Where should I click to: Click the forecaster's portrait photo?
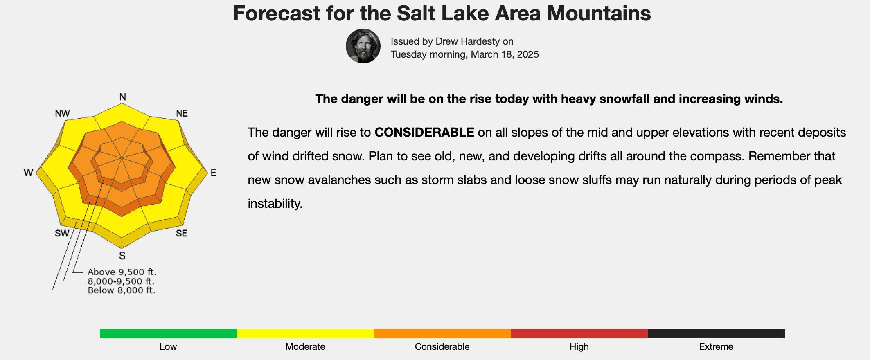[x=363, y=46]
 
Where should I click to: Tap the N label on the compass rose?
[x=122, y=97]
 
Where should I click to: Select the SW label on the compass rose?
[x=62, y=233]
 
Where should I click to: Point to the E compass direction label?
[x=213, y=173]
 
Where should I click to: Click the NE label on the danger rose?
[x=182, y=113]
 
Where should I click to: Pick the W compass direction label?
[x=28, y=173]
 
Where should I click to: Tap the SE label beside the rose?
[x=181, y=233]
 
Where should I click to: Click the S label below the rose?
[x=122, y=256]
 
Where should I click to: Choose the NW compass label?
[x=62, y=113]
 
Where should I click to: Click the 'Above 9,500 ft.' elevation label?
[x=122, y=272]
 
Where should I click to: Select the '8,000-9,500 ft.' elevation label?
[x=121, y=281]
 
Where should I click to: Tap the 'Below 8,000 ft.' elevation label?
[x=122, y=290]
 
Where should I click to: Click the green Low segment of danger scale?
[x=168, y=333]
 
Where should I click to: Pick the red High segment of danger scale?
[x=579, y=333]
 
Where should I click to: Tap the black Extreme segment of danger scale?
[x=716, y=333]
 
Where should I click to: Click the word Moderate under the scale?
[x=305, y=347]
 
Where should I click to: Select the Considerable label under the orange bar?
[x=442, y=347]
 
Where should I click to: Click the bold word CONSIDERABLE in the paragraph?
[x=424, y=133]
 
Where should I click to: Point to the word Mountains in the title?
[x=599, y=13]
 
